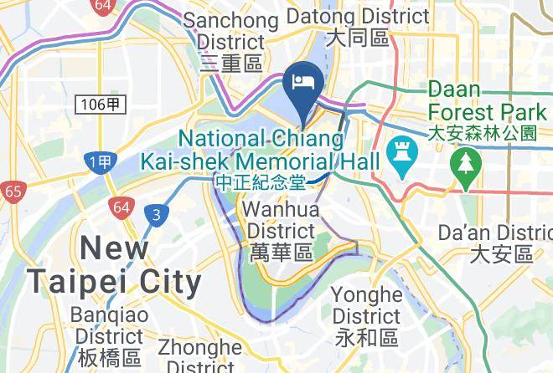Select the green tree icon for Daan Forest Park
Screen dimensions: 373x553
(x=463, y=163)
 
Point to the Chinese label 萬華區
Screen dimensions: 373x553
(x=282, y=251)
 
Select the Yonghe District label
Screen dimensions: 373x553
(x=366, y=305)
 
